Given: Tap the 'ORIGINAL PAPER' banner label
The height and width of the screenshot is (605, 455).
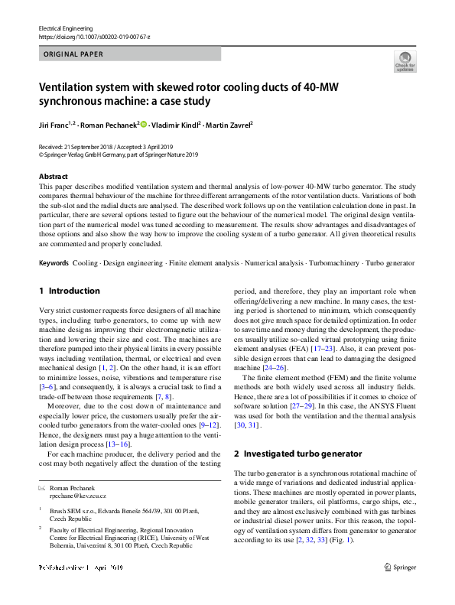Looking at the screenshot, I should coord(73,54).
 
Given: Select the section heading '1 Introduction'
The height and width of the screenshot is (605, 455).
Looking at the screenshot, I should coord(69,291).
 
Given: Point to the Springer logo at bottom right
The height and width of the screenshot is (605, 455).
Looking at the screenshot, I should coord(401,589).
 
